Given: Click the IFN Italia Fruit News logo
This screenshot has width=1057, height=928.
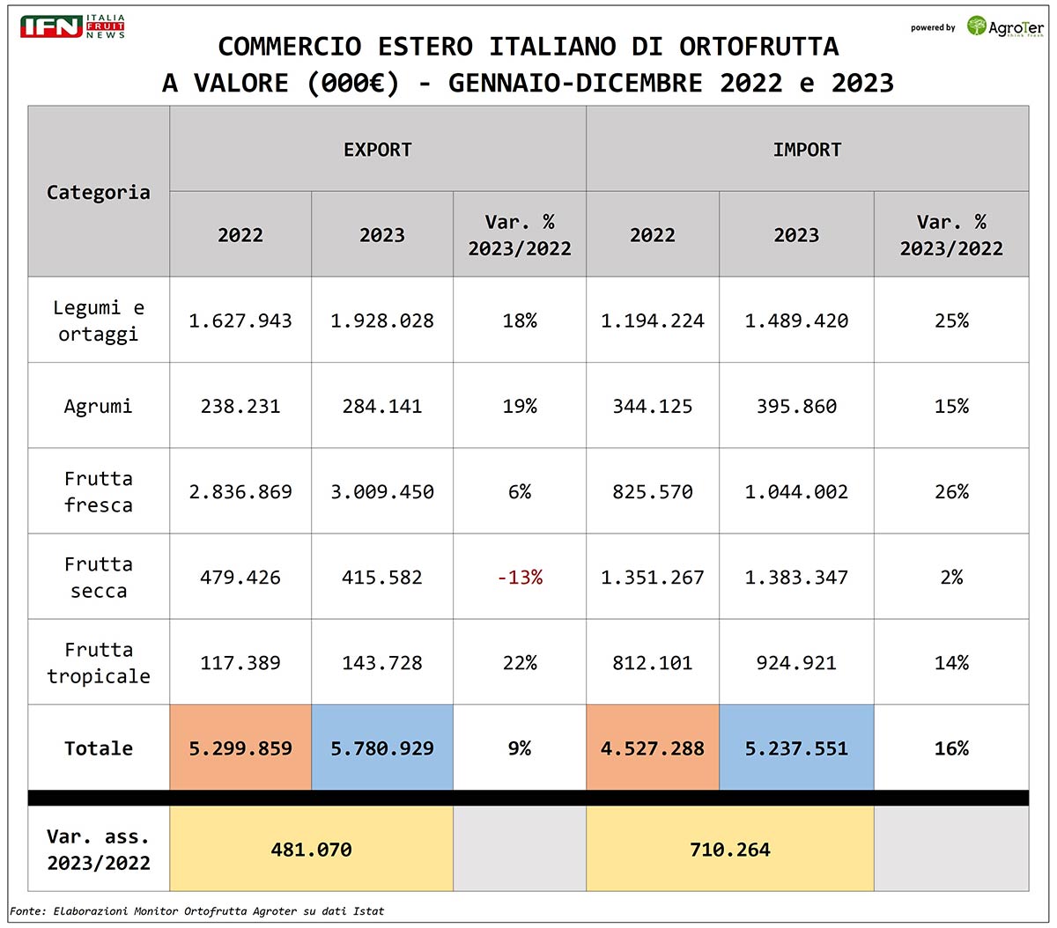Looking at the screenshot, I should tap(72, 26).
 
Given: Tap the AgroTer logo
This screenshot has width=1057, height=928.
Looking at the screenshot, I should tap(1005, 26).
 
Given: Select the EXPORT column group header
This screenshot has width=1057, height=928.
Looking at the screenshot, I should tap(378, 150).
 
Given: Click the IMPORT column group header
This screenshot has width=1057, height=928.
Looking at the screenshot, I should tap(807, 150).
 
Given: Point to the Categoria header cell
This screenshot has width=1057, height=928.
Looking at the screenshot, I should tap(99, 192).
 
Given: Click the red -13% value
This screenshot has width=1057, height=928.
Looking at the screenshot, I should tap(520, 578).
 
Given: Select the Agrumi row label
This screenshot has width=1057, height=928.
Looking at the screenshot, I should tap(99, 407).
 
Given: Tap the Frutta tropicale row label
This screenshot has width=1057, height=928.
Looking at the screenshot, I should tap(99, 663).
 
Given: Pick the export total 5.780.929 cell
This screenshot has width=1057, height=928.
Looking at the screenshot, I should tap(382, 748).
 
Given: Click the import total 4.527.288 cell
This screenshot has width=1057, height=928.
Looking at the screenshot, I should tap(653, 748).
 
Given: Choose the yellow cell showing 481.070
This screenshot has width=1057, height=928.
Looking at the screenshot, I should tap(311, 850).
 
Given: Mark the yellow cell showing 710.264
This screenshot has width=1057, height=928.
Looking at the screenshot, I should tap(730, 850).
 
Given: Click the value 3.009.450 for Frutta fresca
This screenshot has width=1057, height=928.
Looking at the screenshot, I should tap(382, 492).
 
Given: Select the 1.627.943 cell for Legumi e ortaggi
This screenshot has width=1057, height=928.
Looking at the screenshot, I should tap(240, 321).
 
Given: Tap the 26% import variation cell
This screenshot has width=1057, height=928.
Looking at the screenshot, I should tap(951, 492).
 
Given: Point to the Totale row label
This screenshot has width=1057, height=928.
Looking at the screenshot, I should tap(99, 748).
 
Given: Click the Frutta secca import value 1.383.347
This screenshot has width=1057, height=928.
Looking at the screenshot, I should tap(796, 578).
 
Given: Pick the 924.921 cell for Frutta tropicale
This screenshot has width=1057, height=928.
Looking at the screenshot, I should tap(796, 663).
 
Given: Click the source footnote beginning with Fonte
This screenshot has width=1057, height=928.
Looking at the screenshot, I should tap(197, 911).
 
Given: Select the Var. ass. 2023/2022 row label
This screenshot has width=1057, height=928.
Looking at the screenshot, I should tap(99, 850).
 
